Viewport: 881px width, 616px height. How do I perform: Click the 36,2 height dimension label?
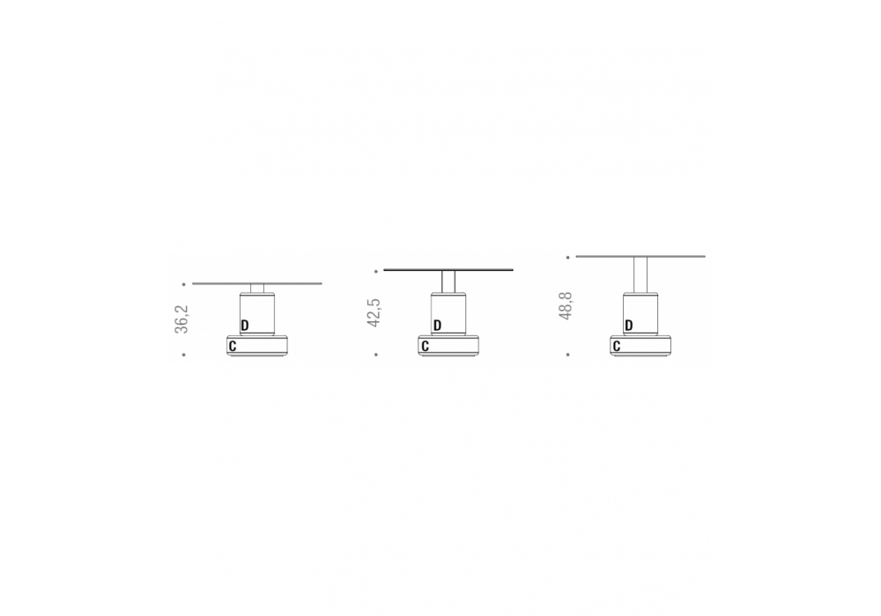coord(181,319)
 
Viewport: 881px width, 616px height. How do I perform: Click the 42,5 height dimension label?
coord(374,312)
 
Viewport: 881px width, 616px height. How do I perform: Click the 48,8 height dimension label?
coord(566,305)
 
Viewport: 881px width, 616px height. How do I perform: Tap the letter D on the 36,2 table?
coord(244,326)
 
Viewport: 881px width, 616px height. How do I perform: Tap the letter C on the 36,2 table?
coord(233,347)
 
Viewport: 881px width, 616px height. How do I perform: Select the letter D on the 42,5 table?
coord(437,326)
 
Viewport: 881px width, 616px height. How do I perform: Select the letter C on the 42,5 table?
coord(425,347)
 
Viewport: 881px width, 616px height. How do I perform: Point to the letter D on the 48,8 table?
coord(629,326)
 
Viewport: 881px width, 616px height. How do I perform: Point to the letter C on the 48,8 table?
coord(617,347)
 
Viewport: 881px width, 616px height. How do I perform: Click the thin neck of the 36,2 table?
coord(257,289)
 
